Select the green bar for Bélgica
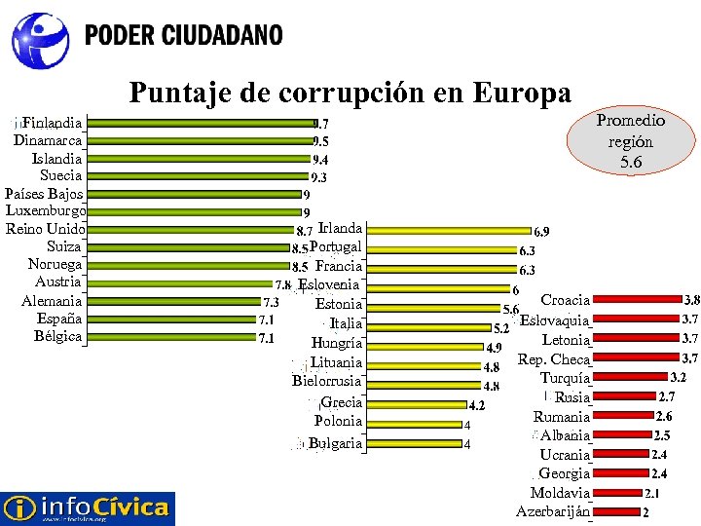click(171, 337)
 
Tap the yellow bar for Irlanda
click(449, 231)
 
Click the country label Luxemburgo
click(46, 210)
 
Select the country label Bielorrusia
click(326, 382)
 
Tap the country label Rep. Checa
click(554, 359)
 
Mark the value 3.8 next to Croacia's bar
click(691, 300)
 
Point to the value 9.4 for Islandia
click(319, 160)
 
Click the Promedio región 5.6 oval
click(630, 141)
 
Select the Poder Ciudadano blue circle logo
click(41, 38)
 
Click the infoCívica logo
click(88, 507)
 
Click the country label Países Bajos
click(44, 193)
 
